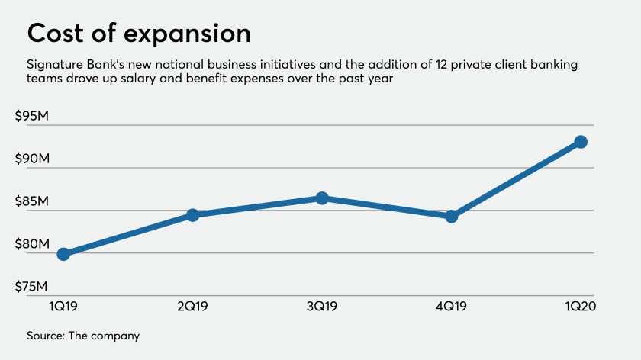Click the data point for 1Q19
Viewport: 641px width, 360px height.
point(63,254)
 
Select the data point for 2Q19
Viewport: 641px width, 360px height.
point(192,215)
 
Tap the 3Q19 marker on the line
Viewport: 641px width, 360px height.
point(322,198)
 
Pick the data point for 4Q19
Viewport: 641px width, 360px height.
point(451,217)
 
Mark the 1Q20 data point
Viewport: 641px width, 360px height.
point(581,142)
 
